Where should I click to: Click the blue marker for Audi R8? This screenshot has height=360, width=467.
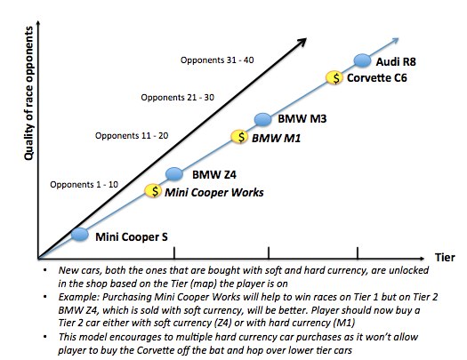362,60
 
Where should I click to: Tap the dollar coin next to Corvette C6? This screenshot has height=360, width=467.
334,78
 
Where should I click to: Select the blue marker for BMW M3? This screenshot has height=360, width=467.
263,119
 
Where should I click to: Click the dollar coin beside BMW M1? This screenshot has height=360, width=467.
240,137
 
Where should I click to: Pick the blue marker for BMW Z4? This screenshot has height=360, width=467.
174,173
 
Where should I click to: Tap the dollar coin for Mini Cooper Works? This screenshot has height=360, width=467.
153,191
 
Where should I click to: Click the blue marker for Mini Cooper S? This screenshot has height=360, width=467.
80,234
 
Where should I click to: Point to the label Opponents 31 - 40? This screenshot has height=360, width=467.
217,60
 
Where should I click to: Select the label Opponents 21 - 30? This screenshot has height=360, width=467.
178,98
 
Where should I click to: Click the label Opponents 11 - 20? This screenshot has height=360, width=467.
132,136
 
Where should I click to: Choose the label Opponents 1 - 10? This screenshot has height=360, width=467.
84,185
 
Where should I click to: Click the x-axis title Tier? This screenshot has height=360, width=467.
445,258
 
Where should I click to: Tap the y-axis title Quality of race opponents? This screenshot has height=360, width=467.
28,93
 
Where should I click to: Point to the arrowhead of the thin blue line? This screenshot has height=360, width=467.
395,41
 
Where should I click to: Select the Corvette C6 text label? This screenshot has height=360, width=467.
377,78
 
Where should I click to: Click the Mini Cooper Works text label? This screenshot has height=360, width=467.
214,193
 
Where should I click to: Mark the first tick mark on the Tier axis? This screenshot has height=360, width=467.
174,253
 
